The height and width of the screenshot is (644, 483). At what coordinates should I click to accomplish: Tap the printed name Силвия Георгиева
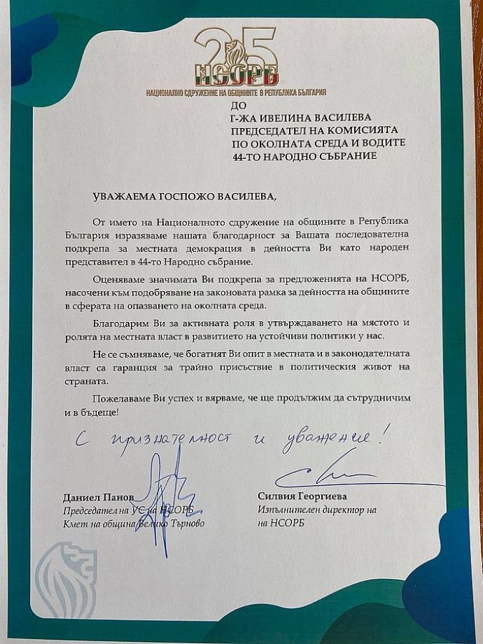(x=299, y=497)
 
